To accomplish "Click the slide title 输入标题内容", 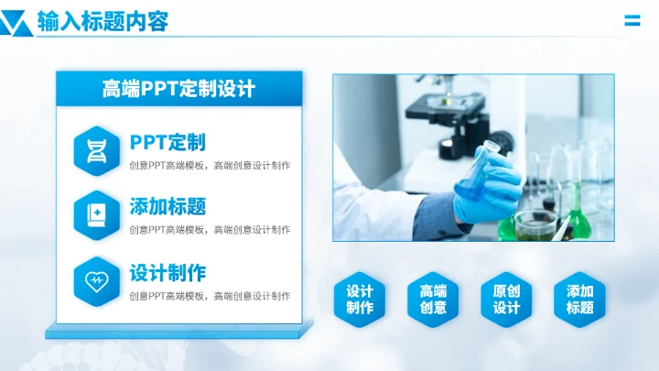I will [x=103, y=21].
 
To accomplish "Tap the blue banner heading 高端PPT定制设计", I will [x=178, y=89].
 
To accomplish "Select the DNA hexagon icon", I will [x=95, y=150].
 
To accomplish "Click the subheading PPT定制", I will [x=167, y=142].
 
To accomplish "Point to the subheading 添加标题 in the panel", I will [x=167, y=206].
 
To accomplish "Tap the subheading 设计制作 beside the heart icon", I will [x=167, y=272].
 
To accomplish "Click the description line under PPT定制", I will [x=210, y=166].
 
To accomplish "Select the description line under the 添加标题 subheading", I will [x=210, y=230].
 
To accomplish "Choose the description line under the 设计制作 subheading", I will [x=210, y=296].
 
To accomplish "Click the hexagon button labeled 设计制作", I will [x=360, y=300].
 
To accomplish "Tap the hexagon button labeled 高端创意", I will [x=433, y=300].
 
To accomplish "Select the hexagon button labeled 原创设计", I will [x=506, y=300].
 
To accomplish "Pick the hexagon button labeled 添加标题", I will [x=579, y=300].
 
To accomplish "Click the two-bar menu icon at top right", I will [x=632, y=21].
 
